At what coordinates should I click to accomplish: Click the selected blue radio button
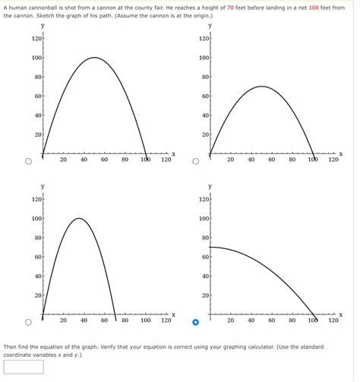[x=195, y=322]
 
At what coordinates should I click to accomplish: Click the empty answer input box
[x=24, y=367]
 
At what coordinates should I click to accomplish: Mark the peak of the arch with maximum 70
[x=261, y=87]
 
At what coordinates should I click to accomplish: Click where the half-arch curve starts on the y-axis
[x=210, y=247]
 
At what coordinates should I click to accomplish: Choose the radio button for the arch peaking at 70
[x=195, y=161]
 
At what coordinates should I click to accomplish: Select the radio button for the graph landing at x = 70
[x=28, y=322]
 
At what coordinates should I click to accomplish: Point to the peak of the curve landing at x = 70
[x=78, y=219]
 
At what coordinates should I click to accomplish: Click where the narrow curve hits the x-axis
[x=115, y=314]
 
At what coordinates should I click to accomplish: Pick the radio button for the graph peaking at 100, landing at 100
[x=28, y=161]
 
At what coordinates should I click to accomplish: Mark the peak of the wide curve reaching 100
[x=94, y=58]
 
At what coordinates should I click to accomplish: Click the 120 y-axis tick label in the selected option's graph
[x=204, y=199]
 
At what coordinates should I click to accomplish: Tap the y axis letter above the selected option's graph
[x=210, y=186]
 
